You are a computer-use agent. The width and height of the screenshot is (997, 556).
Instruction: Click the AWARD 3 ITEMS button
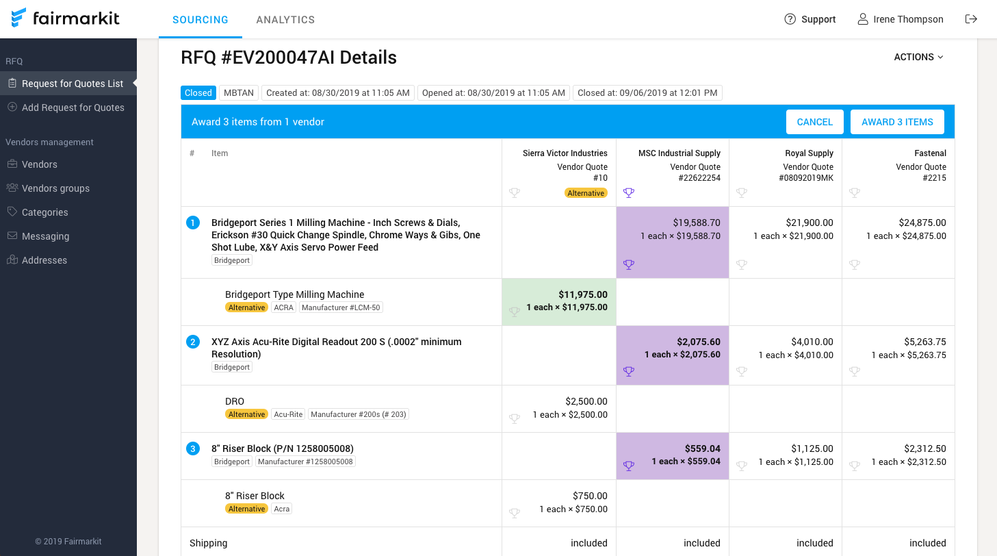click(x=897, y=122)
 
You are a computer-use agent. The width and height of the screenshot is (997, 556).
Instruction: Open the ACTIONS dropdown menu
click(x=918, y=57)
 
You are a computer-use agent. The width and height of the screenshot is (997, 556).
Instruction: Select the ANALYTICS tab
click(x=285, y=20)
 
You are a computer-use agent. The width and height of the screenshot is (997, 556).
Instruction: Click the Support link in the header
click(x=810, y=19)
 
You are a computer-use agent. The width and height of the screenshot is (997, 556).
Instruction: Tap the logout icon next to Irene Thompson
click(x=970, y=19)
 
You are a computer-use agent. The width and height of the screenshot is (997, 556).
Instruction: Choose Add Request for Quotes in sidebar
click(x=73, y=108)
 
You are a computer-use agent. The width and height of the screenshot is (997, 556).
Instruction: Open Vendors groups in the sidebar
click(x=55, y=188)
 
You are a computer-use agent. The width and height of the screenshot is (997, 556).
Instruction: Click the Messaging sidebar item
click(x=45, y=236)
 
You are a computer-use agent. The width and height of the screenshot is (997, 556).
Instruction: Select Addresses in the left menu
click(x=44, y=260)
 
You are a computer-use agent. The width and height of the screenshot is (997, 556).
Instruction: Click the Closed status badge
click(x=198, y=93)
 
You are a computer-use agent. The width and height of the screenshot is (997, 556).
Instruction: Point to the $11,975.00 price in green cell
click(x=582, y=294)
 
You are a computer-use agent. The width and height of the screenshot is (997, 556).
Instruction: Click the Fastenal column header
click(x=930, y=153)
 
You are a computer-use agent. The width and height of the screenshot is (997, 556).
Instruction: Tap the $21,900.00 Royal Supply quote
click(x=810, y=223)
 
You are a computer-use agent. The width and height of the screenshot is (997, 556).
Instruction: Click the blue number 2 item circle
click(x=193, y=342)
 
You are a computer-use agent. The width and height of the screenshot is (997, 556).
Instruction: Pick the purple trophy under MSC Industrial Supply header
click(x=629, y=193)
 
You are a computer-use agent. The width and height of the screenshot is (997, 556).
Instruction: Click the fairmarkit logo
click(x=66, y=18)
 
